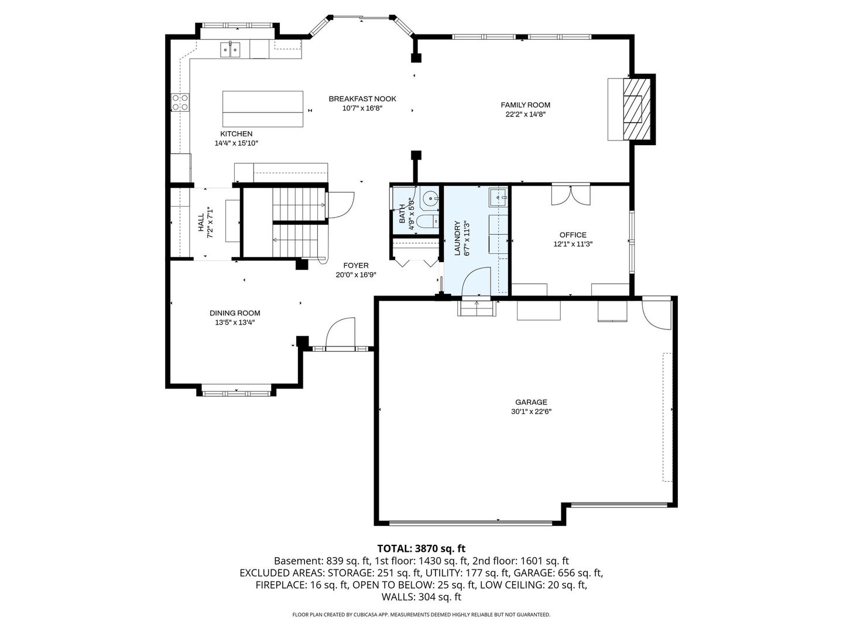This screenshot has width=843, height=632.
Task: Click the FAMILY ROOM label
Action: click(525, 105)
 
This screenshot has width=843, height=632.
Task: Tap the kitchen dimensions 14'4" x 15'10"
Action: click(236, 143)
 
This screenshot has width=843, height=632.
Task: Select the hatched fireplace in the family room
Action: click(636, 109)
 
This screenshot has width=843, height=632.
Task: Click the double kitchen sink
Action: click(230, 50)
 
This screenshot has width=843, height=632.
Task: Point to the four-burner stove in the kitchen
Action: click(180, 102)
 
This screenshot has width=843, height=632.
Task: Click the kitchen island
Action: click(263, 109)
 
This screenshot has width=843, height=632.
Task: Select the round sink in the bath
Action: click(430, 198)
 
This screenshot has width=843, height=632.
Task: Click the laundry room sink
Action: click(498, 197)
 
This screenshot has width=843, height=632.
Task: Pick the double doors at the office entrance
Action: click(571, 194)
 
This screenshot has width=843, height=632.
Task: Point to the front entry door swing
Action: click(340, 333)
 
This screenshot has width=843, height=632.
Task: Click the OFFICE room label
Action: click(573, 235)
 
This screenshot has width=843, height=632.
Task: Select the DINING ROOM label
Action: click(235, 313)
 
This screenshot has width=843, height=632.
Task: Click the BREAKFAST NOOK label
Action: click(362, 99)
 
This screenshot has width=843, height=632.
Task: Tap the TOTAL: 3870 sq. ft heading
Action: click(421, 548)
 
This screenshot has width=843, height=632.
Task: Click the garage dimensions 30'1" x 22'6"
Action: click(531, 411)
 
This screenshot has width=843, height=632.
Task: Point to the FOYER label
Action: click(355, 266)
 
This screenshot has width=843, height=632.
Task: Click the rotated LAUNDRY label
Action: click(457, 238)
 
